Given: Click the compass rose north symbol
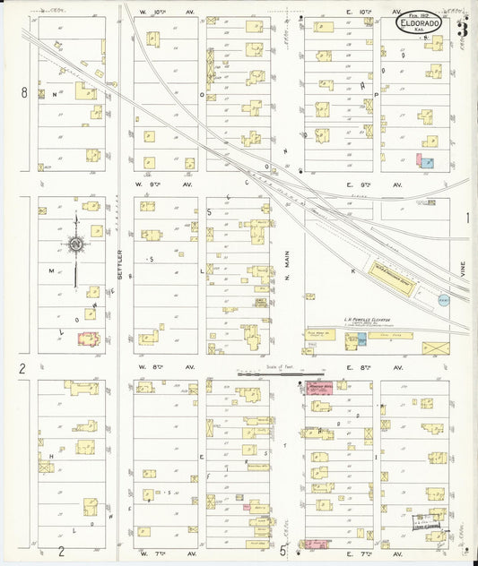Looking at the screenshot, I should point(76,244).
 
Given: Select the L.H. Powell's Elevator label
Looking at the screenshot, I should point(372,321).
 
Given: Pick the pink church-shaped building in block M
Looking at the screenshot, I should point(89,340).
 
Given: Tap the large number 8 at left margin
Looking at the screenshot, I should point(25,92).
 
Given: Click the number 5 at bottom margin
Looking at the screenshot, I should point(282,552).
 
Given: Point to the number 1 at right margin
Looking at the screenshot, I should point(467,218).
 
